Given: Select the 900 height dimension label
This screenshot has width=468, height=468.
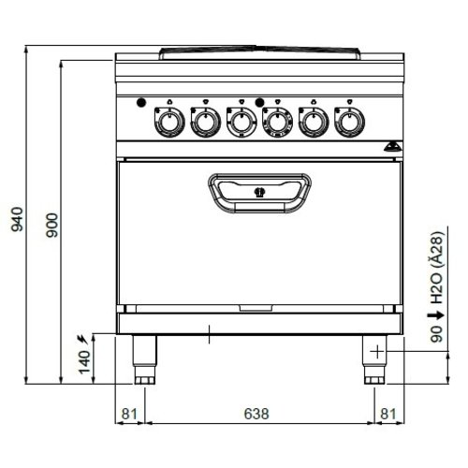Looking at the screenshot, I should pyautogui.click(x=52, y=224).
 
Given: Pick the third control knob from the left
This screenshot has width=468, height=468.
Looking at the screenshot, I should pyautogui.click(x=241, y=121).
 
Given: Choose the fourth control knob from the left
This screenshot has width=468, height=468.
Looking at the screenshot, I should pyautogui.click(x=276, y=121).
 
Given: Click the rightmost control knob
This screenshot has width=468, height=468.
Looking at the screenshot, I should pyautogui.click(x=348, y=121).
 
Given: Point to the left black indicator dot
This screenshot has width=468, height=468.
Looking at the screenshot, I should pyautogui.click(x=140, y=102).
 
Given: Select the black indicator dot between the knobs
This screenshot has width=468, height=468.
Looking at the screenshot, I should pyautogui.click(x=259, y=102).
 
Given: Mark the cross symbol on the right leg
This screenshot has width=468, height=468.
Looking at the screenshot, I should pyautogui.click(x=376, y=352).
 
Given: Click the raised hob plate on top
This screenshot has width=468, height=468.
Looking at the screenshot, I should pyautogui.click(x=258, y=49).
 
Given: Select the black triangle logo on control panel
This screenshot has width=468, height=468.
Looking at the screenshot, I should pyautogui.click(x=392, y=146).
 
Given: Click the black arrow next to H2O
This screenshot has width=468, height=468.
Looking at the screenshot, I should pyautogui.click(x=434, y=317).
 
